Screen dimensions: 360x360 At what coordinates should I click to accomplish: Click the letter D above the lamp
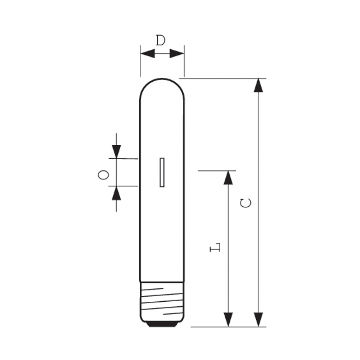click(161, 40)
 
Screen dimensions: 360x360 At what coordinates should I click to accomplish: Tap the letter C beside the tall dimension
click(246, 203)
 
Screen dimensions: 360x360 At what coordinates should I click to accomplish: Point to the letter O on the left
click(103, 175)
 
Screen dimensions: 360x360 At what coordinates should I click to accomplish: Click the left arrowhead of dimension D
click(148, 54)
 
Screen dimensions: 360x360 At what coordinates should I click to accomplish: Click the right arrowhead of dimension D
click(177, 54)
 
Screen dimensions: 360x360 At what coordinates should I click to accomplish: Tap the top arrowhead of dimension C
click(258, 85)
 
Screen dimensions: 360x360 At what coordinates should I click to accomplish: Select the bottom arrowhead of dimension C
click(258, 320)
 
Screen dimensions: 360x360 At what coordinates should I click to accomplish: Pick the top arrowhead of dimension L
click(228, 177)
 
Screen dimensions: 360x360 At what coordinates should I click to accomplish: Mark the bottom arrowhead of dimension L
click(228, 320)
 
